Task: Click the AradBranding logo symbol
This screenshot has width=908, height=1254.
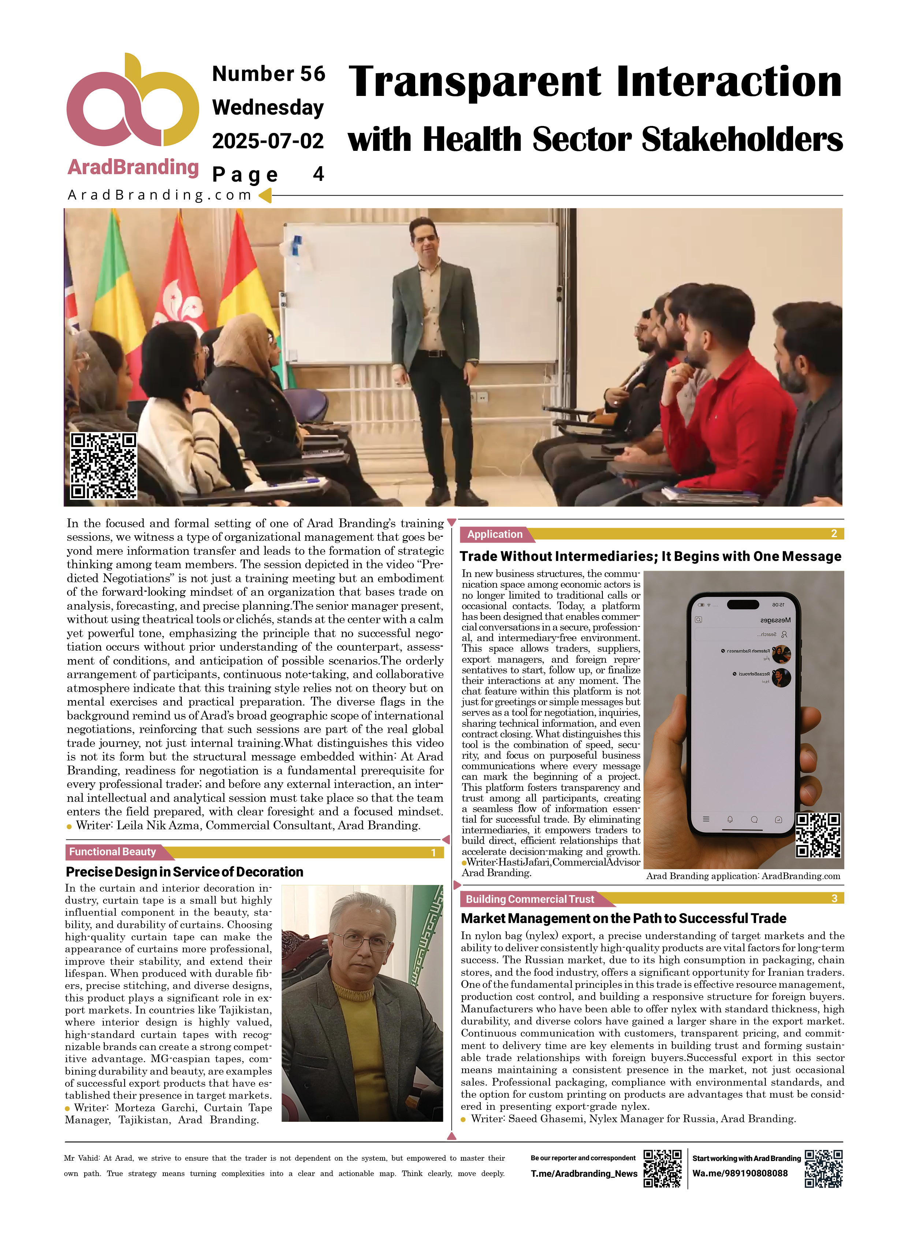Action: (132, 102)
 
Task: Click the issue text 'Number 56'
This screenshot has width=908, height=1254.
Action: (268, 74)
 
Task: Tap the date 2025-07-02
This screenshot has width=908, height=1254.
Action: (268, 141)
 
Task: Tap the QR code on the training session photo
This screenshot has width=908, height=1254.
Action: (103, 466)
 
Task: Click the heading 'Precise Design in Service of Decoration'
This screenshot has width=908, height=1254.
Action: (184, 872)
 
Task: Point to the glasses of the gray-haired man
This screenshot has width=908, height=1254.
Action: (365, 942)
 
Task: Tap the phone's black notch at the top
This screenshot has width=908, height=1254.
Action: (743, 604)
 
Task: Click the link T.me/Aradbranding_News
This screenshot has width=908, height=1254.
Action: (584, 1174)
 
